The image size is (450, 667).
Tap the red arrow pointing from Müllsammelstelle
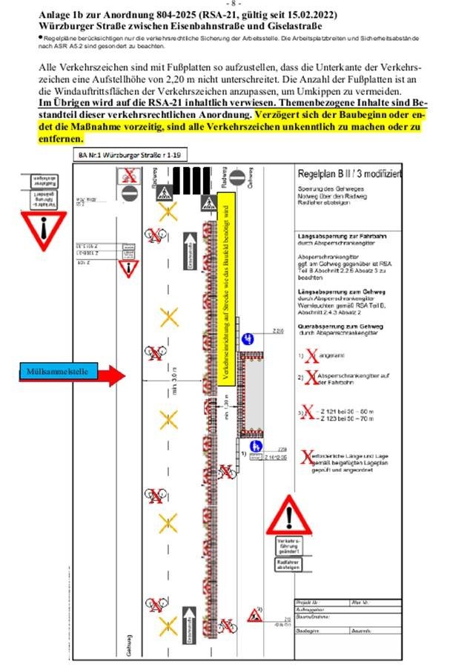click(108, 375)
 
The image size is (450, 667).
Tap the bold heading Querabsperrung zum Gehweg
click(333, 326)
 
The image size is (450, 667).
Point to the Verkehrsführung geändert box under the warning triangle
click(290, 547)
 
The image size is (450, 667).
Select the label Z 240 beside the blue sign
click(278, 330)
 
